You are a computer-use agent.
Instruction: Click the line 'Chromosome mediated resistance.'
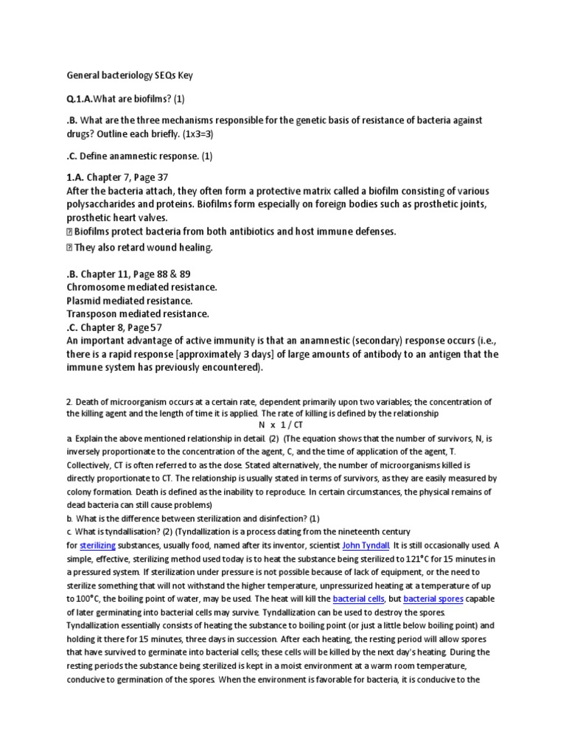tap(141, 287)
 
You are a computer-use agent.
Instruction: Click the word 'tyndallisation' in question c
tap(125, 532)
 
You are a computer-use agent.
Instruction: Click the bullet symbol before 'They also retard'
tap(71, 248)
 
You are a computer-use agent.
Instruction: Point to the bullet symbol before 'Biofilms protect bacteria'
tap(71, 232)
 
